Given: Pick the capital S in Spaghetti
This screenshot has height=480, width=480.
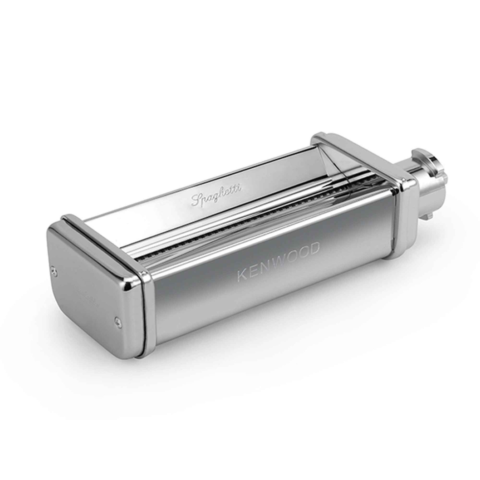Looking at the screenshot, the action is [196, 200].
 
